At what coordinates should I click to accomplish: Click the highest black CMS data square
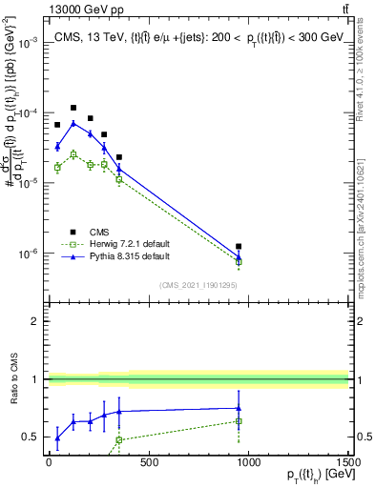(x=73, y=108)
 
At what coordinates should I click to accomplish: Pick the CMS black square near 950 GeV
(x=239, y=247)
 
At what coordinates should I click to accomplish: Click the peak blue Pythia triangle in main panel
(x=73, y=123)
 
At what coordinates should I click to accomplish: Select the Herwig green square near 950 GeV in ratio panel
(x=239, y=420)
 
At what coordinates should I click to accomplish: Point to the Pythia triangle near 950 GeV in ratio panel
(x=239, y=408)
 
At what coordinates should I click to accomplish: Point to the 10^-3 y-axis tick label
(x=30, y=43)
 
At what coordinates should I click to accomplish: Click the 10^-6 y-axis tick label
(x=30, y=254)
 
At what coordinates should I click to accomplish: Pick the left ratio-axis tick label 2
(x=37, y=322)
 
